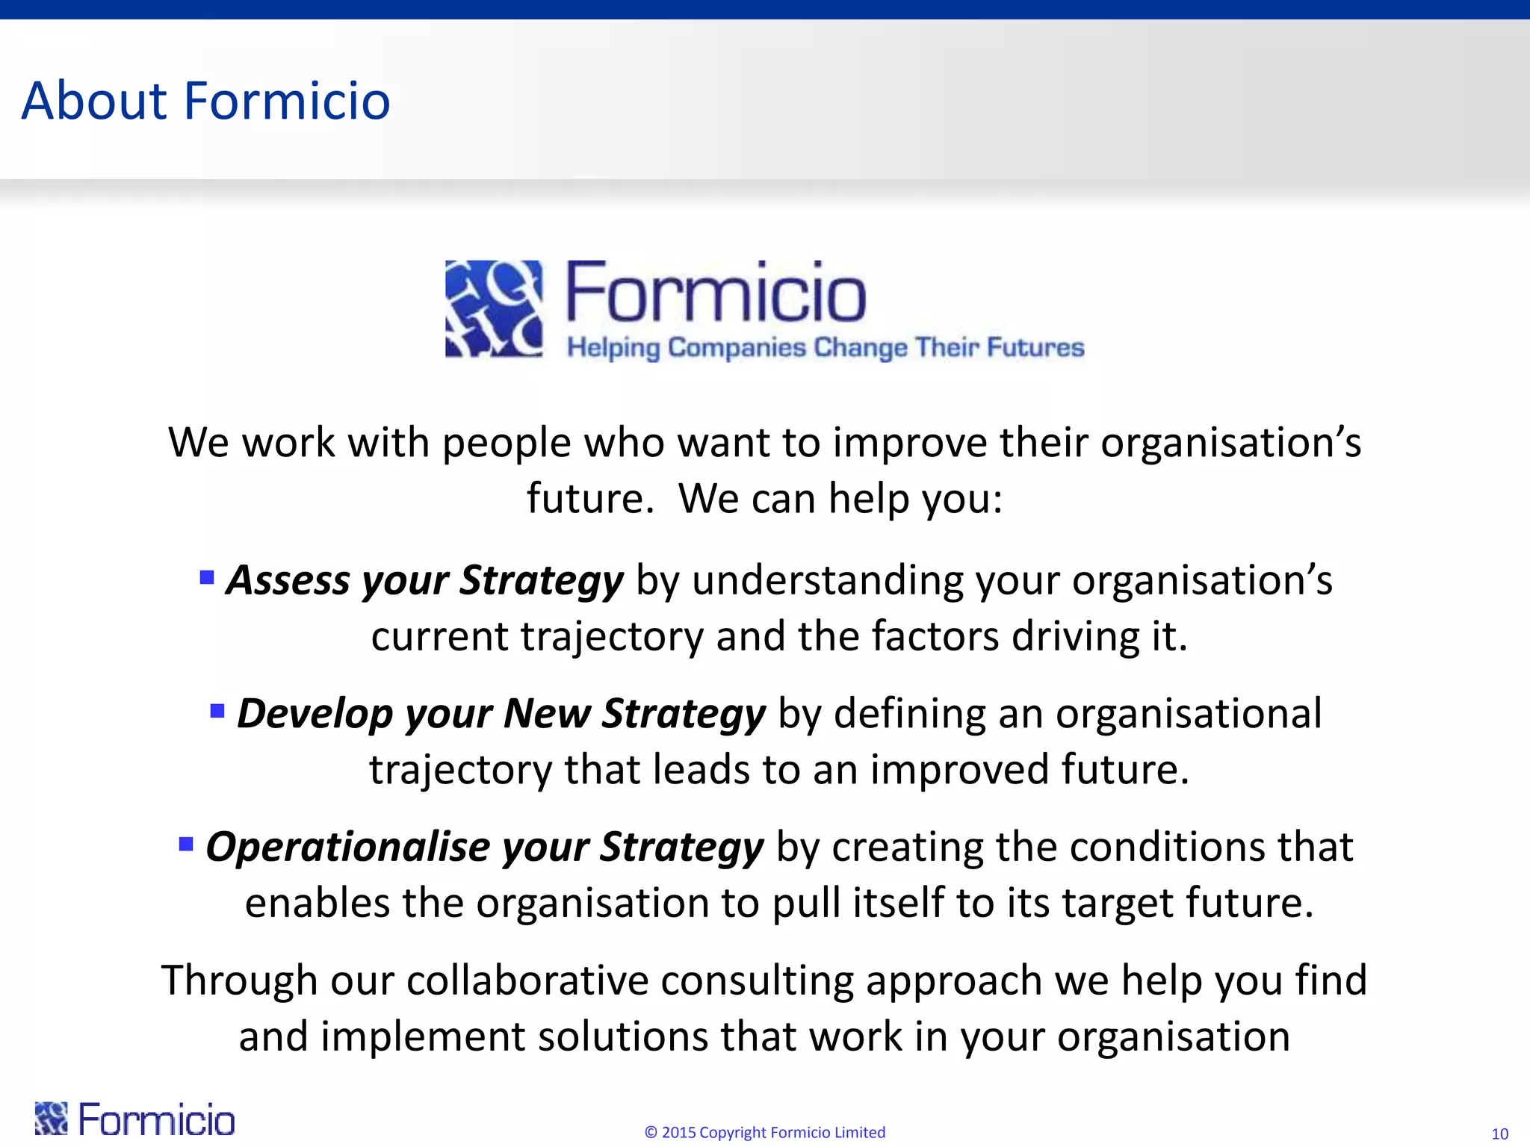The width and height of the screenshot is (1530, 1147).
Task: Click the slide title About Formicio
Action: tap(205, 101)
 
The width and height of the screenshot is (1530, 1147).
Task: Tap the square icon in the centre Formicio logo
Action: tap(494, 308)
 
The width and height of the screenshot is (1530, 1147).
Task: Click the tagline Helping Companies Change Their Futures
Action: tap(825, 348)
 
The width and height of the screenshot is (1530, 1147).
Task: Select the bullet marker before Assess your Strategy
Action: tap(207, 577)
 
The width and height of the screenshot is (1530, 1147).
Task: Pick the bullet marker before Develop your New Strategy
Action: tap(217, 710)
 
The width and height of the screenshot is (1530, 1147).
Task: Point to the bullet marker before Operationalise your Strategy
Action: tap(186, 845)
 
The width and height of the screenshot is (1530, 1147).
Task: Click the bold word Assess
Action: tap(288, 580)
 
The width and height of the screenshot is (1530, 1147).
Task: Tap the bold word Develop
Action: tap(315, 714)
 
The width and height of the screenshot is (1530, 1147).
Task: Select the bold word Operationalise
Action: tap(347, 847)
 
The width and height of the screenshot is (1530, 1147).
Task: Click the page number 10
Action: tap(1499, 1134)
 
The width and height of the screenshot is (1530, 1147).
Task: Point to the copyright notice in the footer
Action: tap(764, 1132)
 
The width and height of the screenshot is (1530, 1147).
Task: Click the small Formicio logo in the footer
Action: tap(134, 1119)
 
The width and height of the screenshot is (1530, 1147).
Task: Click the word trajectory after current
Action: tap(612, 637)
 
